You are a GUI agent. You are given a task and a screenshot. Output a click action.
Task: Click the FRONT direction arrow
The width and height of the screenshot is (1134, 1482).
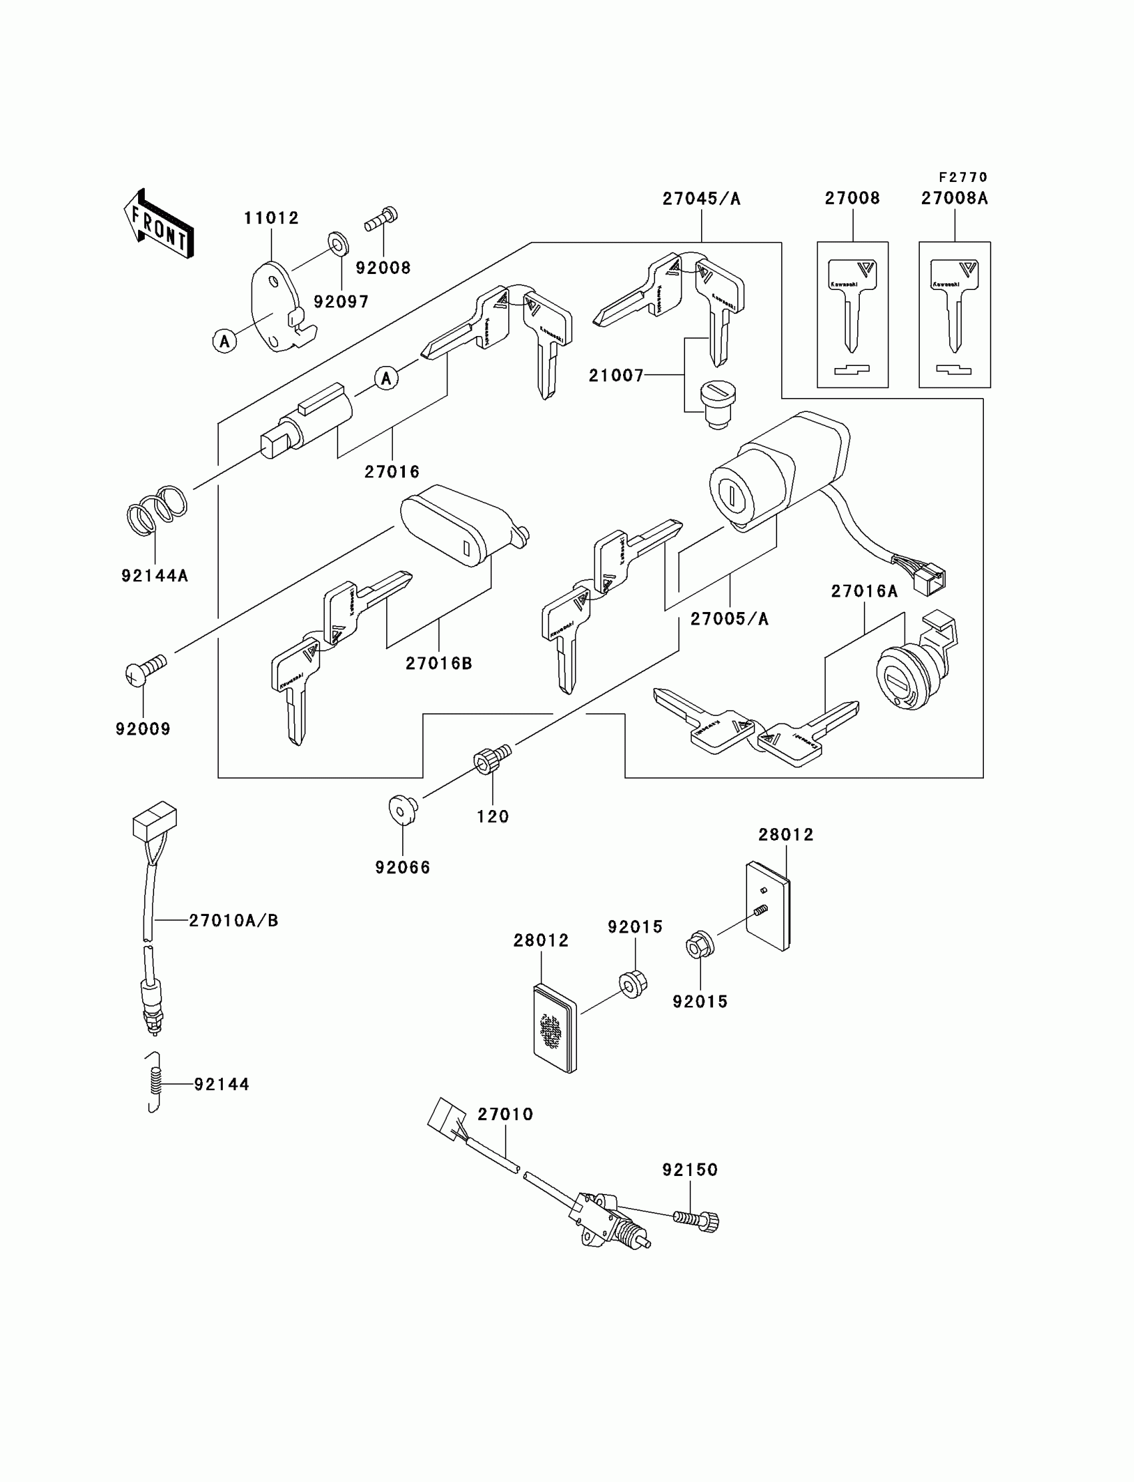(x=159, y=224)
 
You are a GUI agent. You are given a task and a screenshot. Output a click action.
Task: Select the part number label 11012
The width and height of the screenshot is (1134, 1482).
(x=271, y=218)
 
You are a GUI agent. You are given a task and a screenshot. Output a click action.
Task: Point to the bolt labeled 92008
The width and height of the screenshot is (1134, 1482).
(x=382, y=219)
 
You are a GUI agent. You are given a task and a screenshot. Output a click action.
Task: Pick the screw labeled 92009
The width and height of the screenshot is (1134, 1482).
(x=145, y=670)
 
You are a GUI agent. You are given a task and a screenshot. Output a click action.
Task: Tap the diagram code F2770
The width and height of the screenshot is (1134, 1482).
(x=963, y=177)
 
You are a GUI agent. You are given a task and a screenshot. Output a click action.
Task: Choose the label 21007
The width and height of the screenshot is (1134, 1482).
(x=616, y=375)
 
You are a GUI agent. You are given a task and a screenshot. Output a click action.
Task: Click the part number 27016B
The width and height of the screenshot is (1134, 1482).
(x=438, y=663)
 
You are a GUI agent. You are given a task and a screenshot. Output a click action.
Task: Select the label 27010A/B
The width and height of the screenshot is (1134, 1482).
(x=233, y=920)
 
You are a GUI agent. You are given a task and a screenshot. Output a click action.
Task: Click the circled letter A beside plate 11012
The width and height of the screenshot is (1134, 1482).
(x=225, y=341)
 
